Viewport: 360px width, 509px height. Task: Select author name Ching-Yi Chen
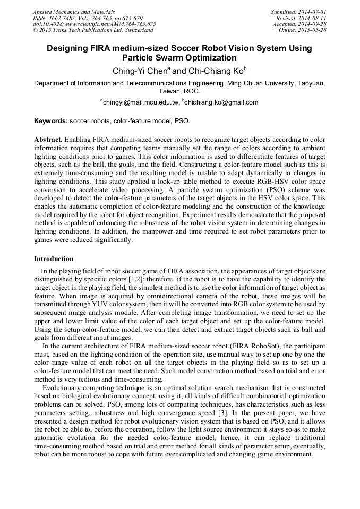point(140,71)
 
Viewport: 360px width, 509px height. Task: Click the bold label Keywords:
point(51,122)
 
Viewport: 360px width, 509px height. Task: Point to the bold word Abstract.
point(48,139)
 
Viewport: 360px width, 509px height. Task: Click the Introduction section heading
point(54,259)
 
